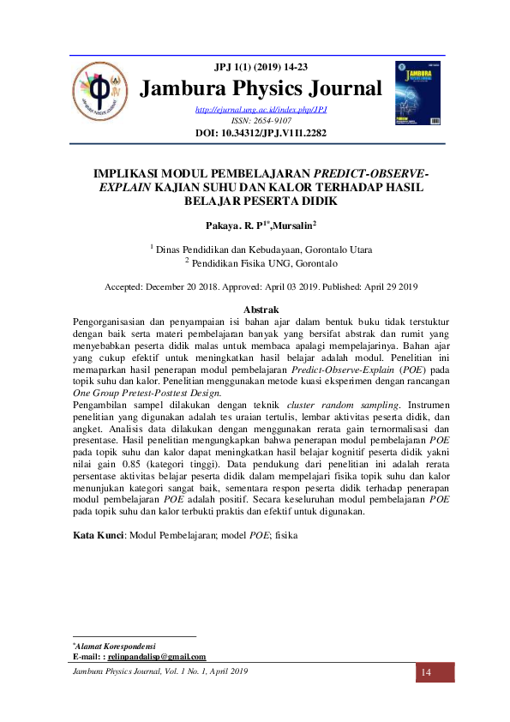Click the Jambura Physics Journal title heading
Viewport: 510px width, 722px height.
tap(261, 88)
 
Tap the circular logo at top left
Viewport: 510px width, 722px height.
tap(100, 92)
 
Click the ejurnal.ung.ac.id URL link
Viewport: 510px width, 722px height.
tap(261, 110)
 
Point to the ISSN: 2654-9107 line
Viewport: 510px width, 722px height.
tap(261, 121)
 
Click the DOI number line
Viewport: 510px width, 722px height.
tap(261, 133)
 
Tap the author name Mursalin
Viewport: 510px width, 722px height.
tap(288, 226)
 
